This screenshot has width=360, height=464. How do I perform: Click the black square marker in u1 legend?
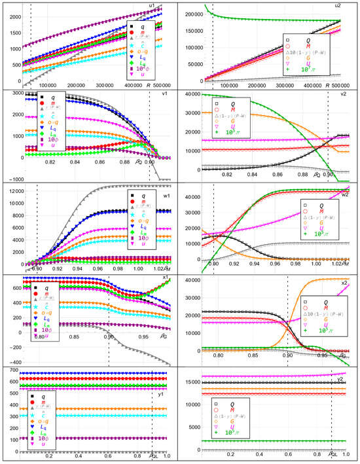pyautogui.click(x=134, y=24)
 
